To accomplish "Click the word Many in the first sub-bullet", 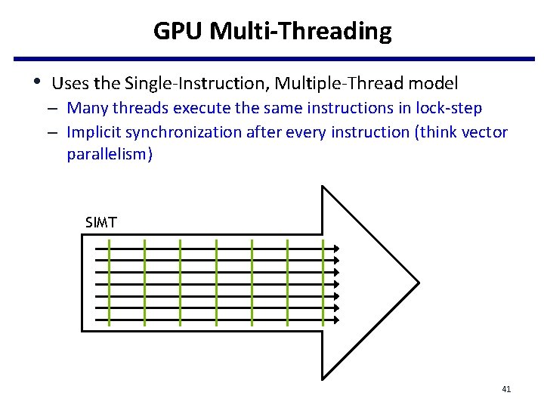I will point(85,108).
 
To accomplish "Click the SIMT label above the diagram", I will point(101,222).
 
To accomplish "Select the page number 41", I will point(506,389).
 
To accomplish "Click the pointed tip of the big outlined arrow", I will point(418,283).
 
